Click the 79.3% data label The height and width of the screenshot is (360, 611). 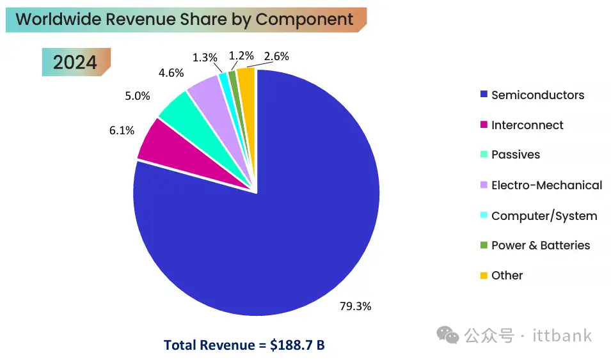[355, 306]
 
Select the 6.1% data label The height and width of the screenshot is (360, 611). [122, 130]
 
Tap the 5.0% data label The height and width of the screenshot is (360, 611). [138, 97]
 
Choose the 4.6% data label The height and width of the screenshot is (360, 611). [171, 73]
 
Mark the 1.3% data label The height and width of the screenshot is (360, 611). [205, 58]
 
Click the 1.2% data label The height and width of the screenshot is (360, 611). [241, 56]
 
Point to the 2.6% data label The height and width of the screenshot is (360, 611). [276, 56]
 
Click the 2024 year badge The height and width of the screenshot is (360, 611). [75, 62]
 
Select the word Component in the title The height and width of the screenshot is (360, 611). [305, 19]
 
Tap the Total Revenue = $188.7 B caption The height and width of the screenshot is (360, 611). [244, 345]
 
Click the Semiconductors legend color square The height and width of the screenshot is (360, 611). [484, 95]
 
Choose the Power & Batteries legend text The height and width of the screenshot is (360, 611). [541, 246]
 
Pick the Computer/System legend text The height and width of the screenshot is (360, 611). [544, 216]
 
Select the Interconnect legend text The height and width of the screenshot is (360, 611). [527, 125]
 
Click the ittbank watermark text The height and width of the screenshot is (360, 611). [562, 336]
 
